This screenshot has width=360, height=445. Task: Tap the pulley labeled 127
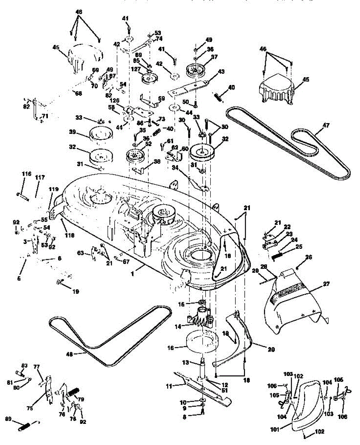[150, 79]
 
